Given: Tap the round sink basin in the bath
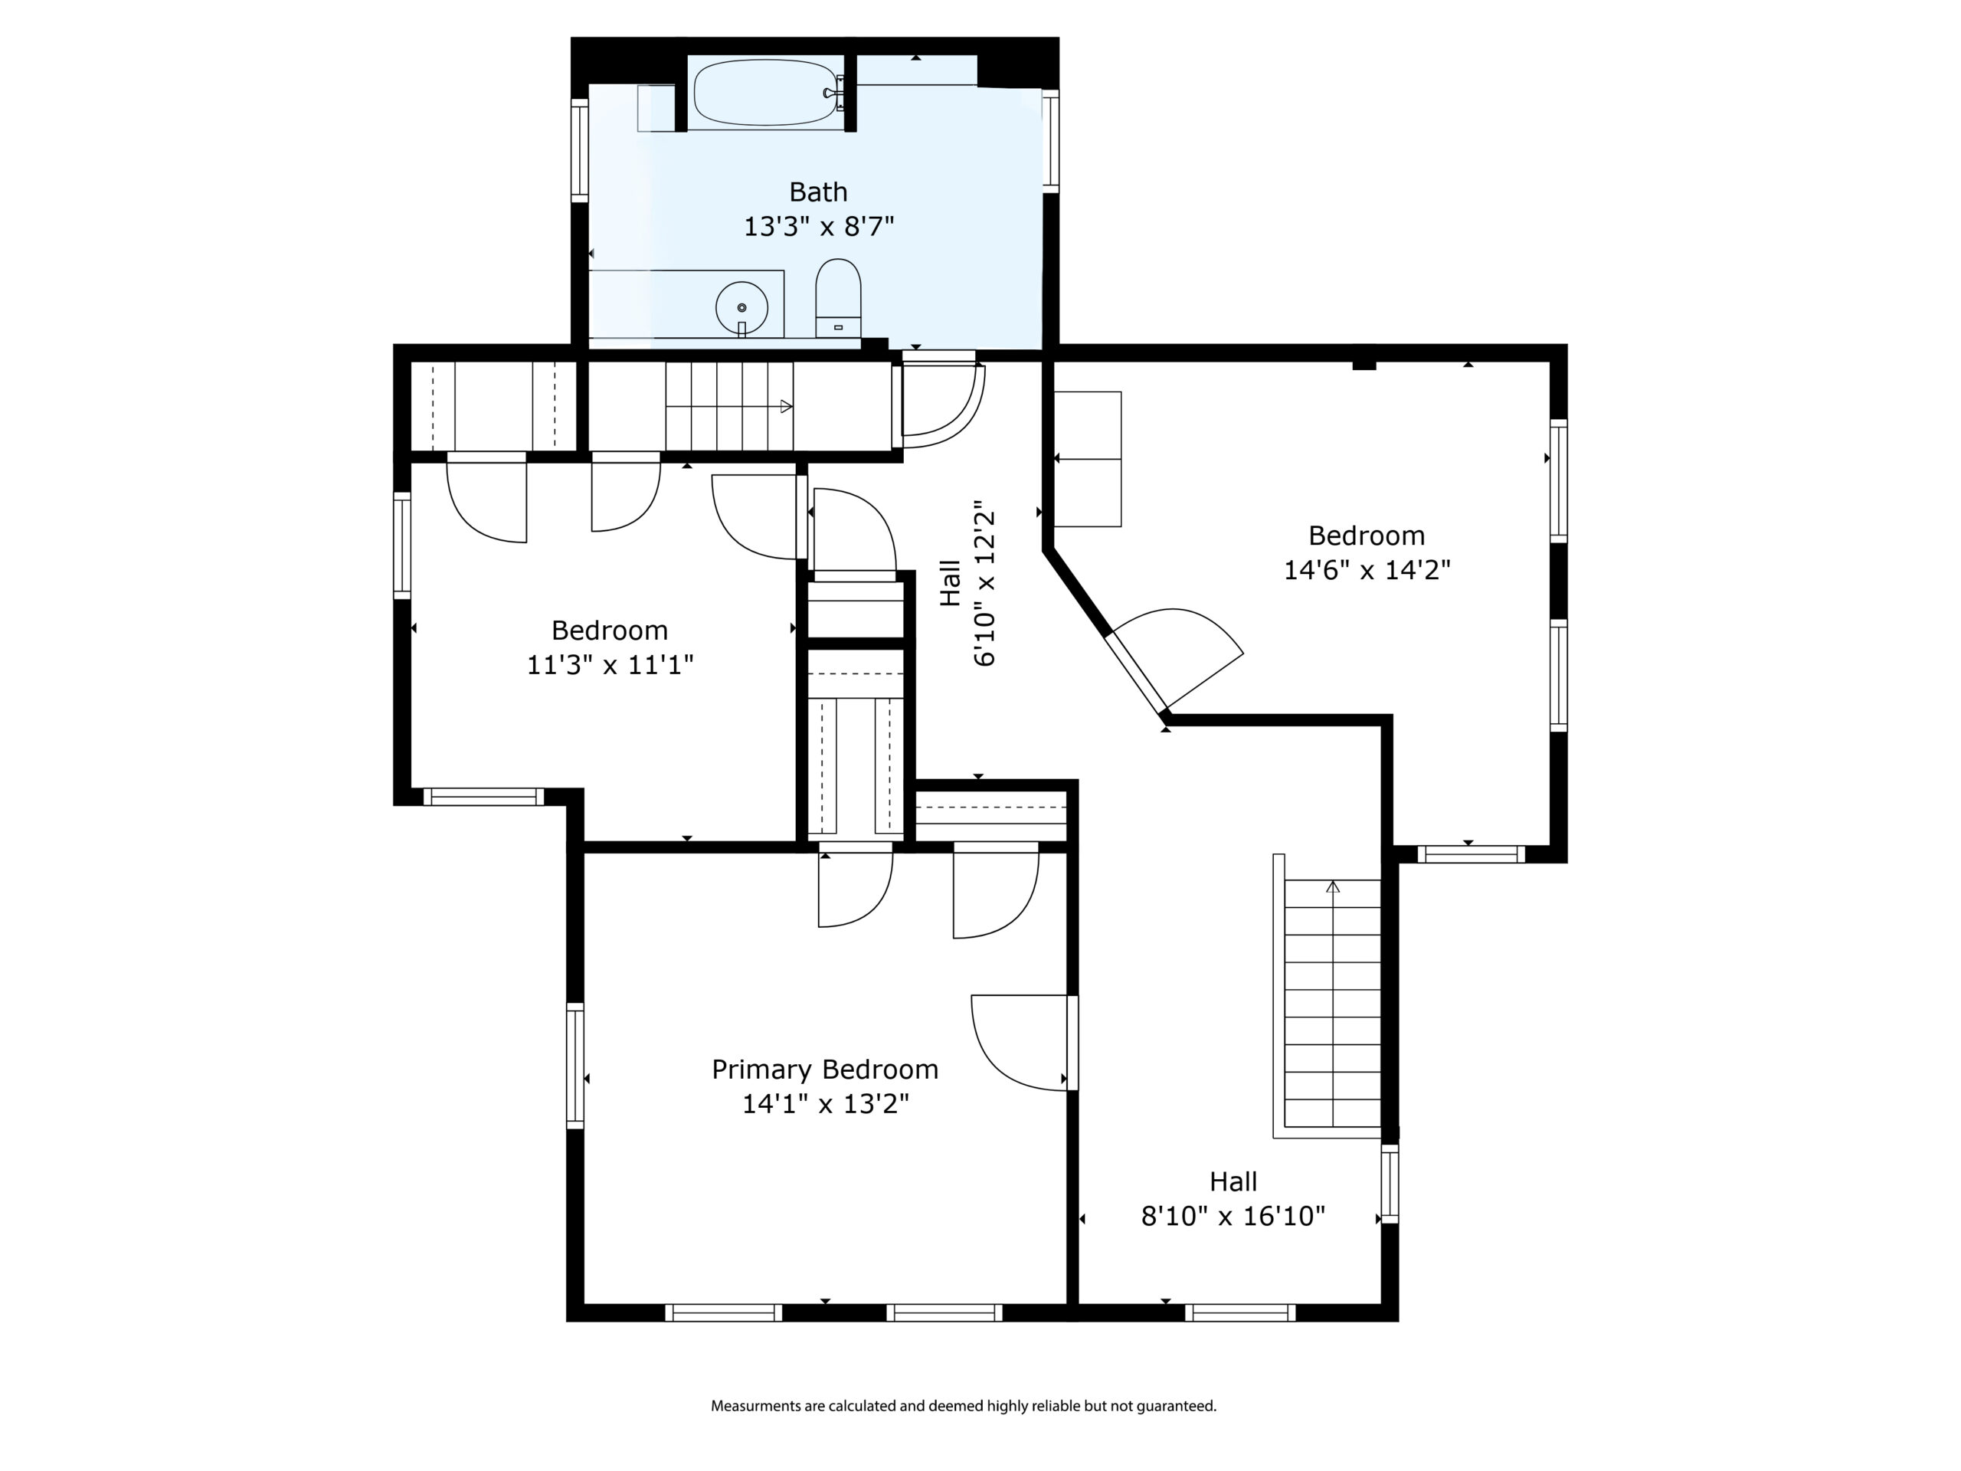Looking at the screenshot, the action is (x=742, y=306).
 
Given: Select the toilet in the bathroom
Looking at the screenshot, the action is (x=838, y=298).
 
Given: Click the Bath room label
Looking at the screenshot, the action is (x=818, y=192).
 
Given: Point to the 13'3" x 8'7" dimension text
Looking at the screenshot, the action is (x=818, y=226).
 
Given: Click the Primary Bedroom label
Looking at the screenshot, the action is (x=824, y=1070).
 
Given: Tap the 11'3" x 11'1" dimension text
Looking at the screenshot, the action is (x=610, y=664).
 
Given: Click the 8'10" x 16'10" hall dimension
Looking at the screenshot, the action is (x=1233, y=1216).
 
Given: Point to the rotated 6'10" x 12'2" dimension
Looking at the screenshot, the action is (x=985, y=588).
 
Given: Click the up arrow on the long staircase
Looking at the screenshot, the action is (x=1332, y=886).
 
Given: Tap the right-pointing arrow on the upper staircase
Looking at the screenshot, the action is (x=785, y=406).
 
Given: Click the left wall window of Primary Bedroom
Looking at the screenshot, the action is (x=575, y=1066).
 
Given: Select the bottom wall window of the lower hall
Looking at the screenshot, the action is (x=1240, y=1312).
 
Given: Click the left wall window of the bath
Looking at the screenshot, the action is (x=580, y=150).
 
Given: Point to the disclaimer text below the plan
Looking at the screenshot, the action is (x=964, y=1405).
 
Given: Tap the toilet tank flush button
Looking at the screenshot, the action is (x=838, y=327).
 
